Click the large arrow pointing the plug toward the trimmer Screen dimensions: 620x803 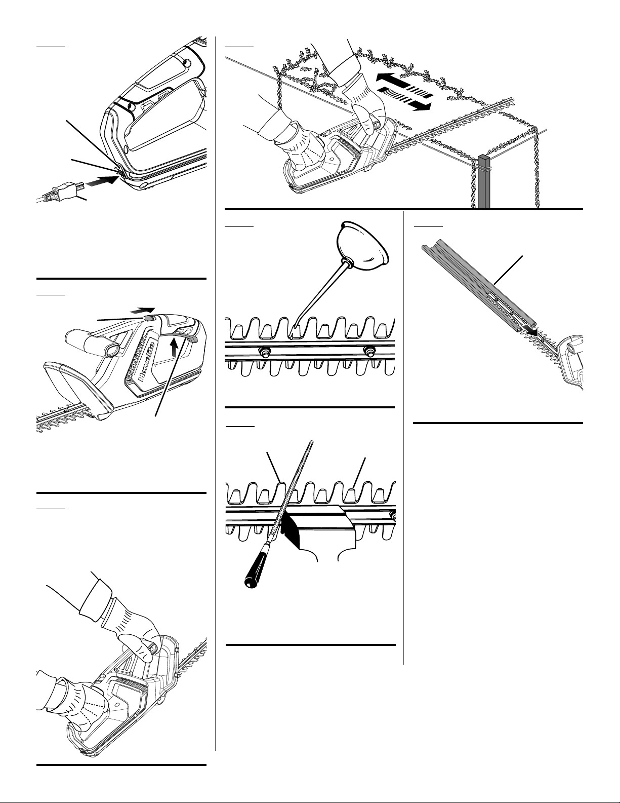[x=102, y=183]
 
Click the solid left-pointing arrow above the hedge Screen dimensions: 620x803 [x=400, y=81]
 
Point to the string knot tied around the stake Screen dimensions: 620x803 [x=482, y=168]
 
